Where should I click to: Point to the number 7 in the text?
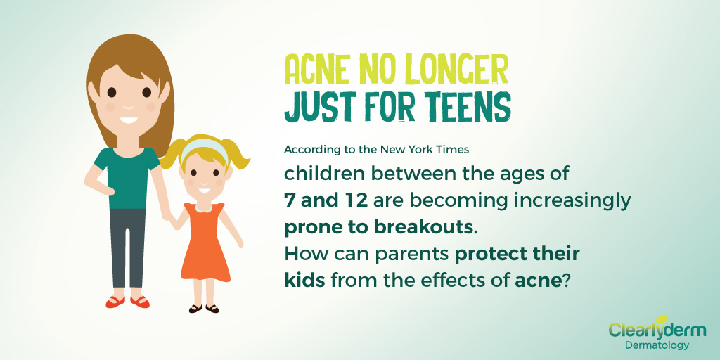(x=289, y=200)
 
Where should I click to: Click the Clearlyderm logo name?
(x=657, y=330)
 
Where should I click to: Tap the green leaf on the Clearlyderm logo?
(x=661, y=319)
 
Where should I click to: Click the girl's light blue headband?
(x=203, y=148)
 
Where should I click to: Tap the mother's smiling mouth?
(x=129, y=120)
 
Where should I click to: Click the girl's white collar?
(x=202, y=208)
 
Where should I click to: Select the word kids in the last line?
(x=305, y=280)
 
